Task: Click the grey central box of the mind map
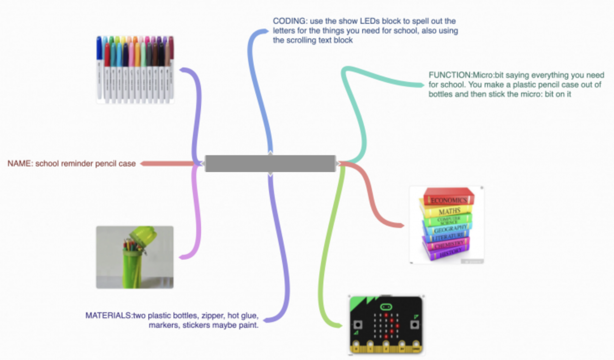[x=270, y=164]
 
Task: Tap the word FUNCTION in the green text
[x=450, y=75]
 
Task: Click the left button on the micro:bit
[x=358, y=325]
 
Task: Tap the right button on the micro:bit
[x=414, y=325]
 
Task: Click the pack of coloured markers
[x=135, y=70]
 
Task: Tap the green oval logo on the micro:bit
[x=386, y=307]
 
